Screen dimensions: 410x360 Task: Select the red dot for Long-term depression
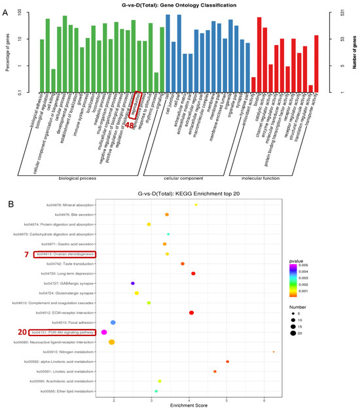tap(193, 273)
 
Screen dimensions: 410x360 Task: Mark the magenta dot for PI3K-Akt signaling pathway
tap(104, 332)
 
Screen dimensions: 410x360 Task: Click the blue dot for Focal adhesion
tap(113, 322)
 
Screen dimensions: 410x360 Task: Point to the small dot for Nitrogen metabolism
tap(274, 352)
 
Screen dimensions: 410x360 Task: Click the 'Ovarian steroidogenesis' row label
tap(65, 254)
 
